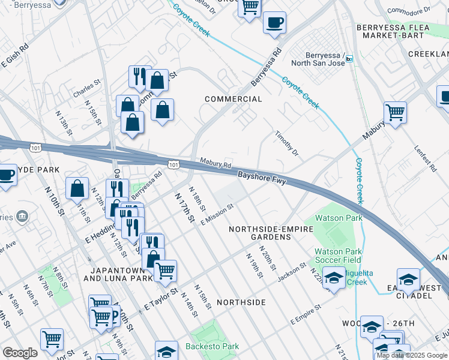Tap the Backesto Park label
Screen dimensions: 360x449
[213, 346]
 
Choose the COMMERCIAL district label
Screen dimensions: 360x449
[234, 99]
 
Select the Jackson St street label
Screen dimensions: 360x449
[292, 272]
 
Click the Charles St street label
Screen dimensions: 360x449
[85, 94]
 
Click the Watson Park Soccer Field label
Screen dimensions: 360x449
[339, 256]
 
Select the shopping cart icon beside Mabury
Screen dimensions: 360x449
[395, 112]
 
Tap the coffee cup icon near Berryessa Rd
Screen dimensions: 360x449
[274, 22]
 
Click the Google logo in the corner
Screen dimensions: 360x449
[20, 353]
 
